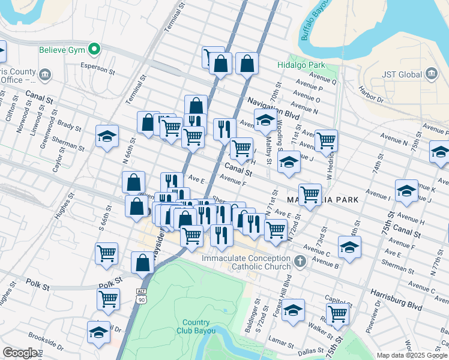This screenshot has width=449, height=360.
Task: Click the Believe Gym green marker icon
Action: (x=94, y=49)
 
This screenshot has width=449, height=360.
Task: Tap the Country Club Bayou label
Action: (x=196, y=326)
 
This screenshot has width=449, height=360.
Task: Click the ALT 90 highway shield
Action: (x=141, y=296)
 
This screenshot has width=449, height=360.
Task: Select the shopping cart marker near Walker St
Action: (x=338, y=313)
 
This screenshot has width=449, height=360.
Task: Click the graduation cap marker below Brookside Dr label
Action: (x=99, y=332)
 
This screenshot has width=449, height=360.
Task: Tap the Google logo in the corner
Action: (x=20, y=353)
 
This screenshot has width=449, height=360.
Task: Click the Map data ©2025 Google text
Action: (x=411, y=355)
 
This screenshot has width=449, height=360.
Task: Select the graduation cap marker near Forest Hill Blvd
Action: (x=293, y=310)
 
